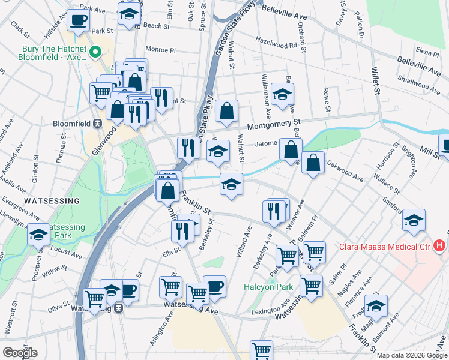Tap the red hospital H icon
[440, 245]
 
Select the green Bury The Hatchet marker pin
[94, 54]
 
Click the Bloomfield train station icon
[98, 123]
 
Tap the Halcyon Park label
[268, 287]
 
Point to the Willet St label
[376, 80]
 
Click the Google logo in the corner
[20, 353]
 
